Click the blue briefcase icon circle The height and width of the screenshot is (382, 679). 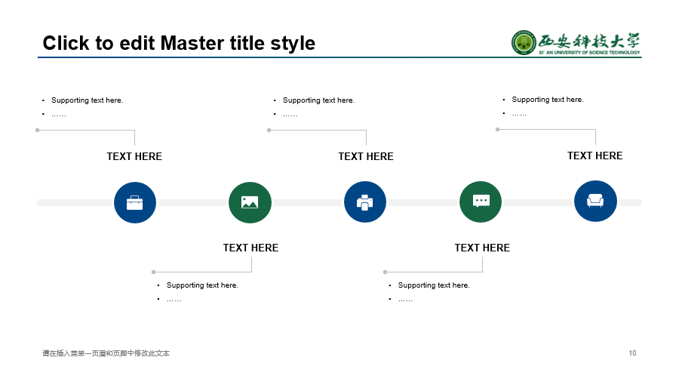(x=135, y=202)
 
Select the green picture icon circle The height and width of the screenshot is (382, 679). (x=250, y=202)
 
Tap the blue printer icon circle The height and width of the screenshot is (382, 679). (x=365, y=202)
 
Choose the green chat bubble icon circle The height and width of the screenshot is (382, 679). (x=481, y=202)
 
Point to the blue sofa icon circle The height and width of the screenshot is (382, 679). (x=595, y=201)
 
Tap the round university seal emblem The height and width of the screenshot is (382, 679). (x=524, y=42)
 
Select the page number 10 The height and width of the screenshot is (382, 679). (x=632, y=353)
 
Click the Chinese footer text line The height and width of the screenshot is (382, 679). (x=106, y=353)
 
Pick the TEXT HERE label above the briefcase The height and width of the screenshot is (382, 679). (x=134, y=156)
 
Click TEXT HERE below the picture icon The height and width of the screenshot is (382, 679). (x=250, y=248)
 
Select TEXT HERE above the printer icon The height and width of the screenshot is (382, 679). (x=366, y=156)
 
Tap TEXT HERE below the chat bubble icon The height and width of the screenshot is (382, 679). (x=482, y=248)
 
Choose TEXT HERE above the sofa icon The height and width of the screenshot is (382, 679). (x=595, y=156)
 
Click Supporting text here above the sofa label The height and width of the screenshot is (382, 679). (x=548, y=100)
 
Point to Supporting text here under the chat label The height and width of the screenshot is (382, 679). (x=434, y=285)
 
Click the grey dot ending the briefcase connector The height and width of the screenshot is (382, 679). (x=37, y=130)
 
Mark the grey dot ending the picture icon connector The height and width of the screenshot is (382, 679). (x=153, y=272)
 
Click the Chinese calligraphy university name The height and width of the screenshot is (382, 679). (x=589, y=42)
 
